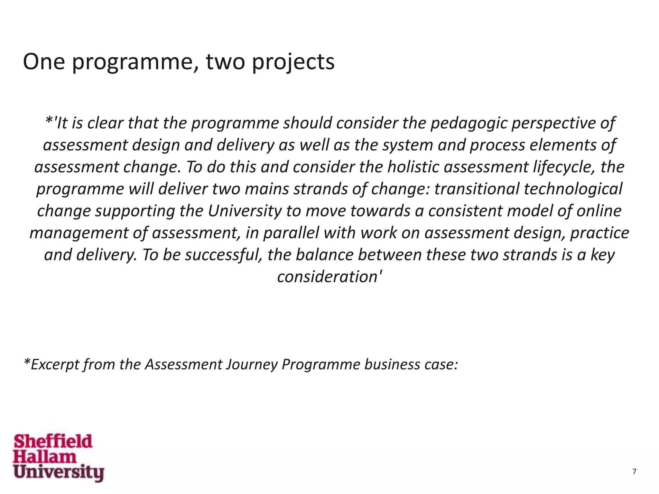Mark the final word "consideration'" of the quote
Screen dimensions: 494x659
click(x=329, y=277)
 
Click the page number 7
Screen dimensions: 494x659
click(x=634, y=471)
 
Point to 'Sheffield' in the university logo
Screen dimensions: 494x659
click(x=53, y=441)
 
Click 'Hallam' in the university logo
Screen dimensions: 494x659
click(x=45, y=457)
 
